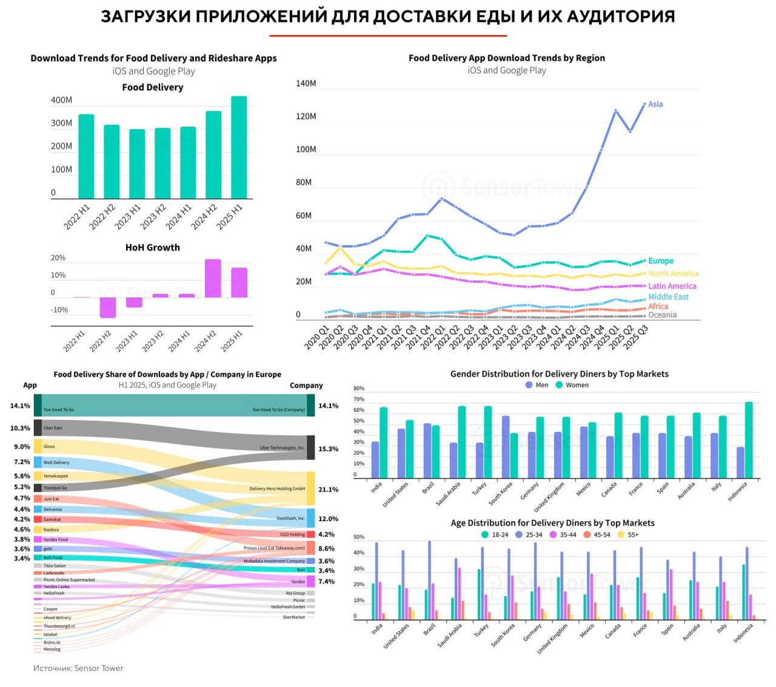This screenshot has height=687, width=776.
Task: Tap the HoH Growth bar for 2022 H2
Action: [108, 307]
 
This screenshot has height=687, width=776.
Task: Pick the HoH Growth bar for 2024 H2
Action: [213, 278]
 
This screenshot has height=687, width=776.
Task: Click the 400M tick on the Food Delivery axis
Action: [61, 100]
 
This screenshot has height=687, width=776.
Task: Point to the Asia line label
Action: [655, 104]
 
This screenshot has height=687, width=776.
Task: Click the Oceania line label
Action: [662, 315]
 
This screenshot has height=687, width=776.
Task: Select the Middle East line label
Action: [668, 297]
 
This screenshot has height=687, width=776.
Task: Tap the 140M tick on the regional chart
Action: [306, 84]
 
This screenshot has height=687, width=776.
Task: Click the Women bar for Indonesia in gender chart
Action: [749, 440]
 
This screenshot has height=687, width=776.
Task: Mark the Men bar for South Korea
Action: [506, 447]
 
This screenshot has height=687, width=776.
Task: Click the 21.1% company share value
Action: [328, 490]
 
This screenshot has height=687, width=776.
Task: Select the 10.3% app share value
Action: [20, 428]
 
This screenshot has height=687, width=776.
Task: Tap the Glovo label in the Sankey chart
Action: [49, 446]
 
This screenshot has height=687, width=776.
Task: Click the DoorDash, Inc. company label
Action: [290, 519]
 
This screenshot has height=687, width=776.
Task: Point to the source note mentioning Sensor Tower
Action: [78, 668]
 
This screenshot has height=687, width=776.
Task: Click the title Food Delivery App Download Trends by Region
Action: [506, 58]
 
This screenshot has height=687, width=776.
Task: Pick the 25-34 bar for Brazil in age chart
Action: [430, 580]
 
